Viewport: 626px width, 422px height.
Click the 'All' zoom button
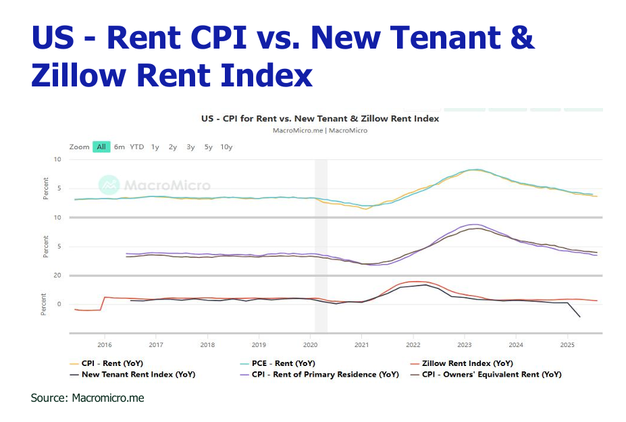[x=101, y=147]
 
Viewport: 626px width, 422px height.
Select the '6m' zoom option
[x=120, y=147]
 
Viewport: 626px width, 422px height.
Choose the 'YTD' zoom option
[x=137, y=147]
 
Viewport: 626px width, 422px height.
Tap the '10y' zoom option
[x=226, y=147]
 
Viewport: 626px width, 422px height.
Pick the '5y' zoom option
[x=208, y=147]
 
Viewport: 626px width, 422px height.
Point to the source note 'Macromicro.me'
[x=108, y=398]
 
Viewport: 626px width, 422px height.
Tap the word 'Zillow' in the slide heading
[x=78, y=74]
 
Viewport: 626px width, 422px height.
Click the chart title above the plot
[x=320, y=118]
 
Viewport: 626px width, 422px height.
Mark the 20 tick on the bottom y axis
[x=57, y=275]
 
